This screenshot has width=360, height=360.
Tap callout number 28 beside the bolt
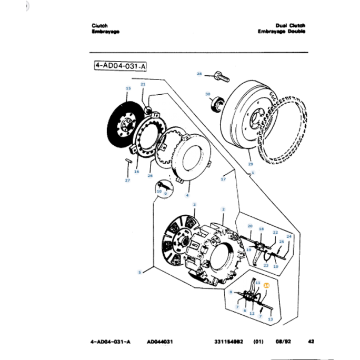pos(199,74)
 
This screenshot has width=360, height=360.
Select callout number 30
pos(207,94)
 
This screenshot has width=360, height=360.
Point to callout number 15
pos(128,88)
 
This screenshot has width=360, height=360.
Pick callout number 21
pos(143,84)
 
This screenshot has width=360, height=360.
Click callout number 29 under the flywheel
pos(250,164)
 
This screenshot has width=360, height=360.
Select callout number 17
pos(223,179)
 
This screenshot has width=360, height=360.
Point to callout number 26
pos(150,176)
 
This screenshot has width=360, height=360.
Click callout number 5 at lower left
pos(139,272)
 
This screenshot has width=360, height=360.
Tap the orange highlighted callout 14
pos(266,285)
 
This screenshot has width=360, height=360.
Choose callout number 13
pos(271,319)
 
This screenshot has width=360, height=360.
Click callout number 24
pos(288,236)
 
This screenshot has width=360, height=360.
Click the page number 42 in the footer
pos(311,341)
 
